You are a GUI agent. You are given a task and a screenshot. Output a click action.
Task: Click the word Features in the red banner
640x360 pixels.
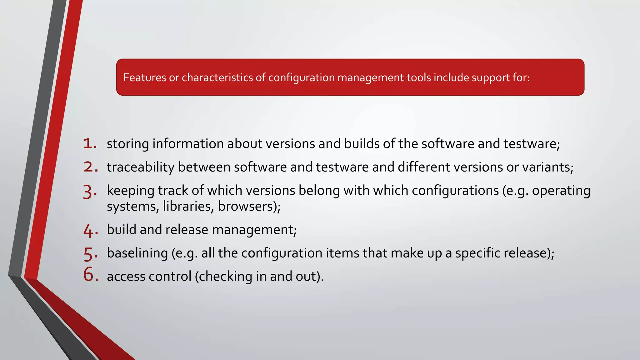(x=145, y=77)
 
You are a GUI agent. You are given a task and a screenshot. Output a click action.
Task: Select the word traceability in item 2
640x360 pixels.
(x=141, y=167)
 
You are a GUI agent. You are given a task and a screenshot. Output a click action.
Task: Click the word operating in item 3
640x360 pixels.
(x=561, y=191)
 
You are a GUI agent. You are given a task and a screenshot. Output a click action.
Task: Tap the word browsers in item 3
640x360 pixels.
(x=246, y=206)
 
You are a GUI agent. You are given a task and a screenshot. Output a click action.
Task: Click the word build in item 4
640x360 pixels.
(x=122, y=230)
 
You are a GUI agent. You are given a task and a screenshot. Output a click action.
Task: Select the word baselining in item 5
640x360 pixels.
(x=137, y=253)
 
